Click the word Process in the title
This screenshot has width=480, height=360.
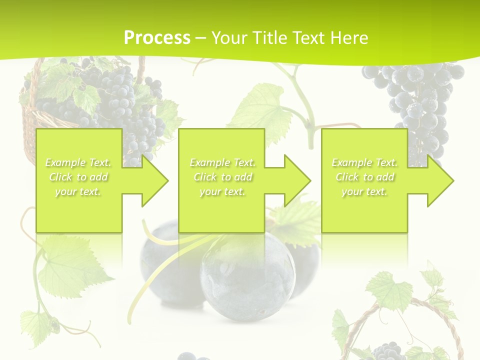coord(157,37)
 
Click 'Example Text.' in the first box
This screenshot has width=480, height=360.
coord(78,162)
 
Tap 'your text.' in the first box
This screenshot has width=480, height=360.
coord(78,191)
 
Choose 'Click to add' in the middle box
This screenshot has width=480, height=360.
coord(222,177)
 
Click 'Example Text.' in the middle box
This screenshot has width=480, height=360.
coord(222,162)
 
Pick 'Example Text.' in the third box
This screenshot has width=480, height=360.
coord(364,162)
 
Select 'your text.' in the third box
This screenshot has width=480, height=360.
coord(364,191)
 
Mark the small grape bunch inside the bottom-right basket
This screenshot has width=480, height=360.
coord(387,350)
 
